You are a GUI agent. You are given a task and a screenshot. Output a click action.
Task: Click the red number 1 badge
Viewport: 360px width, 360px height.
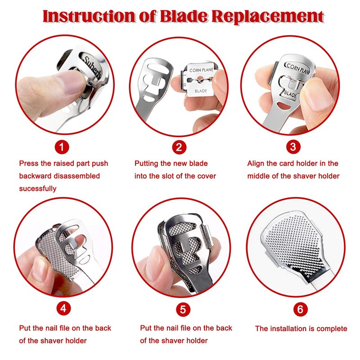click(x=62, y=147)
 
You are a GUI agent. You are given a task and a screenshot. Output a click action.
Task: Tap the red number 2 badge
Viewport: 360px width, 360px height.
click(x=179, y=147)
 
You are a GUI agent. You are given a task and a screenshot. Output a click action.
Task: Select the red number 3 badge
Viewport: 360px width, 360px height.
click(x=293, y=147)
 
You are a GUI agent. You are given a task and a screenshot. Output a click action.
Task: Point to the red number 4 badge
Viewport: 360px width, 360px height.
click(x=63, y=308)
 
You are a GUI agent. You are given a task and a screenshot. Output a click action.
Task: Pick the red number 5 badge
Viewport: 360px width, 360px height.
click(x=183, y=309)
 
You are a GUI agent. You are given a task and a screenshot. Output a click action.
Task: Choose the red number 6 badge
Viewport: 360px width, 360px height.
click(x=300, y=309)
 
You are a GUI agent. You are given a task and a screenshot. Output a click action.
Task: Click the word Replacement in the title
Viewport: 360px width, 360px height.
click(x=267, y=17)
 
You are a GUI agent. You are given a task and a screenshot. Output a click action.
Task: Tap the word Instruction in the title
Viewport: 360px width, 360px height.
click(x=89, y=16)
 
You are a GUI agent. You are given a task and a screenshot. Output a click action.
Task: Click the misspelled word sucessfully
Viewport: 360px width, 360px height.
click(x=38, y=189)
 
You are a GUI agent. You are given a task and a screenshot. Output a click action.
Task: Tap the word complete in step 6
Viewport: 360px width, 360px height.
click(x=332, y=329)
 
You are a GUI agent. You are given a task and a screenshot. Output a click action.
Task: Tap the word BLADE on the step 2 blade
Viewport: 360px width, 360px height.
click(x=201, y=91)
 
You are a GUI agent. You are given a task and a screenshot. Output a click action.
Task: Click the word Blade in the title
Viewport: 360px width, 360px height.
click(x=184, y=16)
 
